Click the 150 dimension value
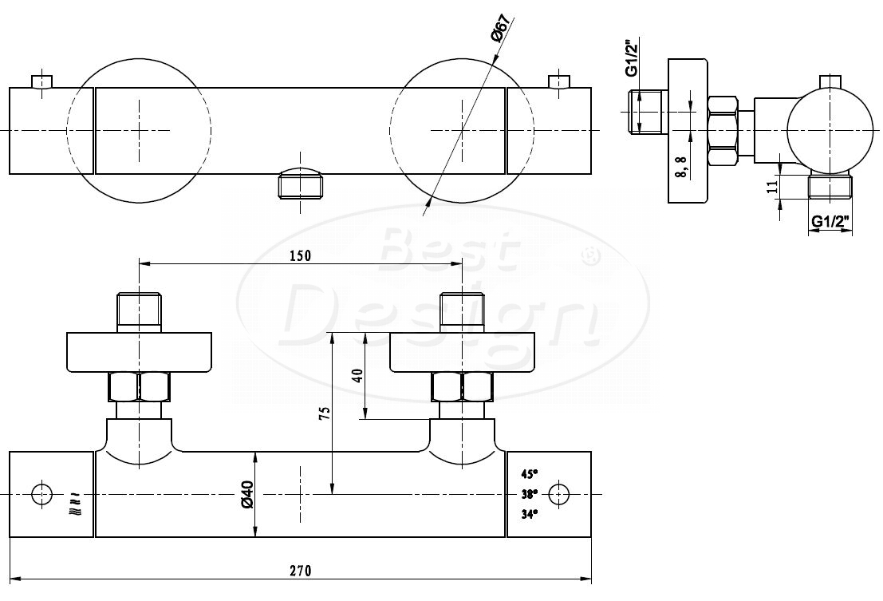tap(300, 255)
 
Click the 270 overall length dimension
tap(300, 571)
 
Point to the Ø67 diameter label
tap(501, 28)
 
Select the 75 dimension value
tap(324, 413)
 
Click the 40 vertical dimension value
tap(357, 375)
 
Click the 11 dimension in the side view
tap(773, 185)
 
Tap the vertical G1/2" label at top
tap(632, 57)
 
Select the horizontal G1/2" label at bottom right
tap(830, 221)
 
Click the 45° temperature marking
tap(530, 473)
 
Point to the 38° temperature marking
tap(530, 494)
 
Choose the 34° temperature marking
tap(530, 514)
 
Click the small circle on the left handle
tap(41, 495)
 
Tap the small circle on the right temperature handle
tap(558, 495)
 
